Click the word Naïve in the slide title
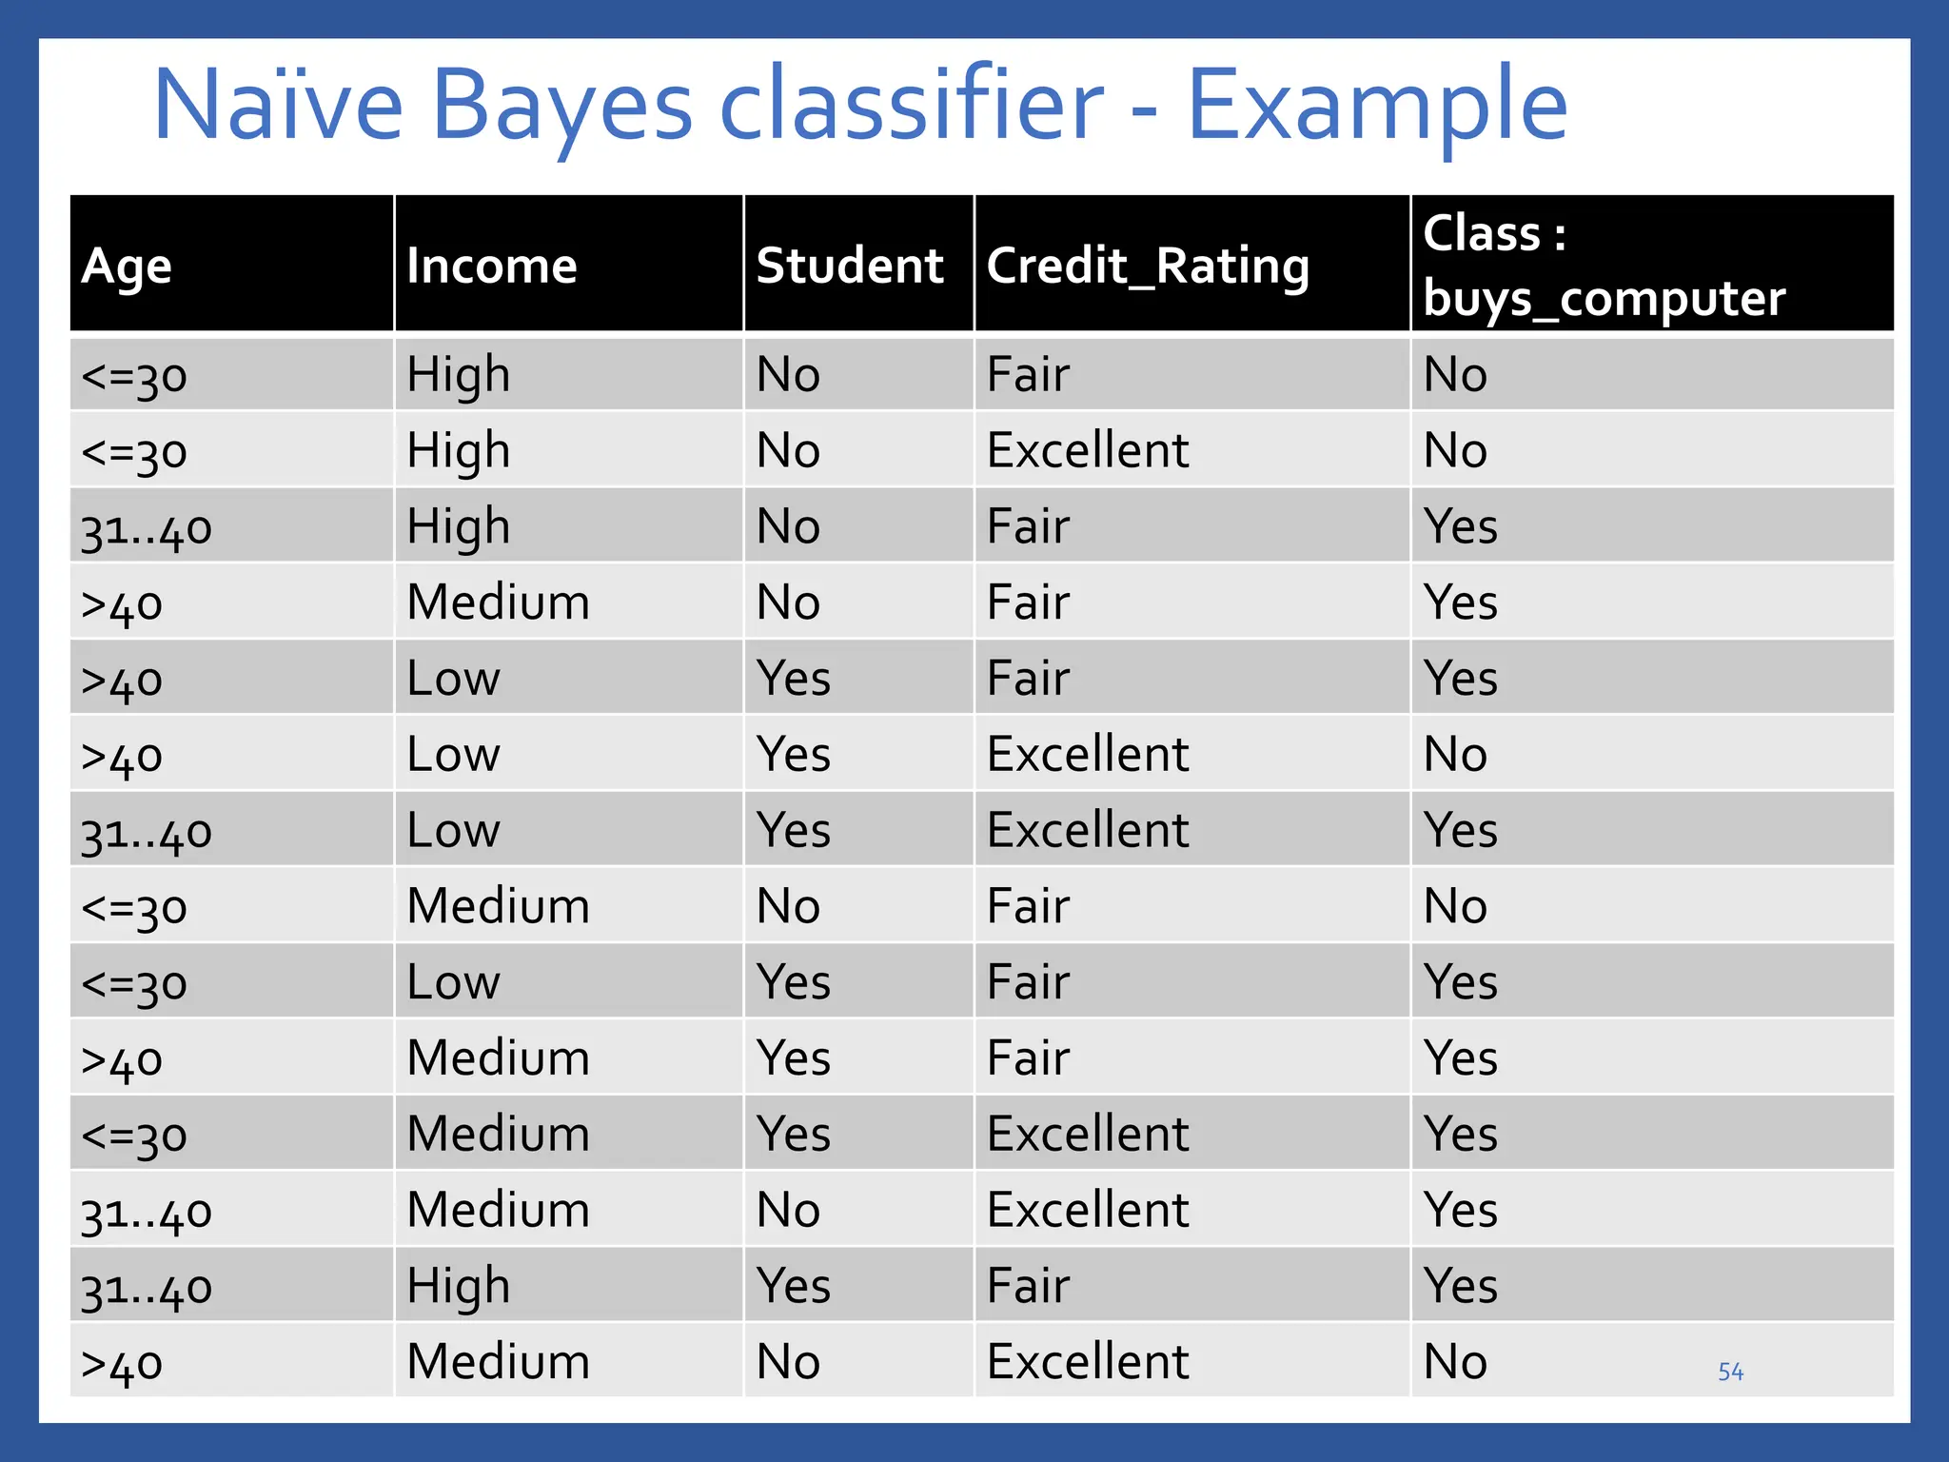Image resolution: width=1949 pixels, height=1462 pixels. [x=278, y=105]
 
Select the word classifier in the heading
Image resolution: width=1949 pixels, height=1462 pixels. [x=911, y=105]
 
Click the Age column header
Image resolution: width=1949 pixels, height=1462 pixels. [x=127, y=267]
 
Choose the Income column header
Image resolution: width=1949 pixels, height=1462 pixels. [x=491, y=266]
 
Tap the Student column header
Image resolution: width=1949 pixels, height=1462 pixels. [x=849, y=266]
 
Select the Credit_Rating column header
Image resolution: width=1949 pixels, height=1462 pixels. [x=1148, y=267]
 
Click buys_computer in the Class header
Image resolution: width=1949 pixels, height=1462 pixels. [x=1604, y=299]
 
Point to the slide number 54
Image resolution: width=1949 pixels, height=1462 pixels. [x=1730, y=1372]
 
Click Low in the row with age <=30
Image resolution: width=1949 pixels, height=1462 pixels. [x=453, y=982]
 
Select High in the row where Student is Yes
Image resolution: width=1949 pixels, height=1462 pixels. [x=458, y=1286]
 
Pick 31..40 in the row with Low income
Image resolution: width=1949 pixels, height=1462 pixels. [x=146, y=832]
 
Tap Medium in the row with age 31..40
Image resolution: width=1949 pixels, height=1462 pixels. [x=498, y=1211]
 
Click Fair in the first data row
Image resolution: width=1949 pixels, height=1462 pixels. [x=1028, y=374]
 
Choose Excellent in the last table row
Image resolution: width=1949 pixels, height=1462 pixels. [x=1088, y=1362]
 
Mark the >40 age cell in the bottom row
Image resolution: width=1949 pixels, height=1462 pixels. [x=122, y=1364]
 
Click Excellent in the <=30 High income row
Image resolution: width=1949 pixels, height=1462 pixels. [x=1088, y=450]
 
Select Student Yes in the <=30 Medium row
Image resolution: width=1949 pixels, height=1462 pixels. [x=793, y=1135]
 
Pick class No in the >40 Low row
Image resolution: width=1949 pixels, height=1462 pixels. [x=1454, y=755]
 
